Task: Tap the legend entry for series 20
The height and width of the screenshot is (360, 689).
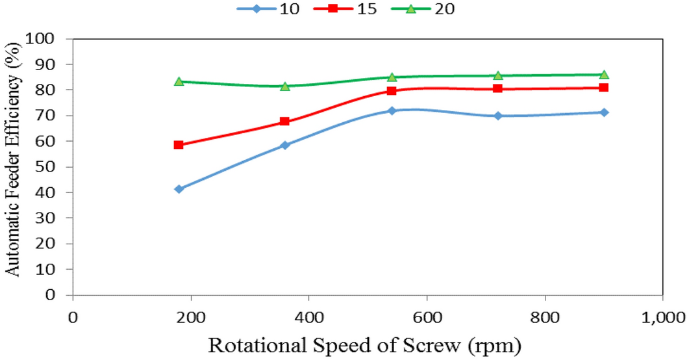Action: [429, 9]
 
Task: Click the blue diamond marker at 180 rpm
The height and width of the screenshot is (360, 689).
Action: [179, 189]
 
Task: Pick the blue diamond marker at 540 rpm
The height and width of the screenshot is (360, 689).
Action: [392, 111]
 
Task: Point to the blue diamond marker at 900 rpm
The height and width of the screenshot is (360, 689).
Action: [604, 112]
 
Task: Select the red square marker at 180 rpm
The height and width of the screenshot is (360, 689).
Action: [179, 145]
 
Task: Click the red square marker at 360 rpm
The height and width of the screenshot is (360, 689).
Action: [284, 122]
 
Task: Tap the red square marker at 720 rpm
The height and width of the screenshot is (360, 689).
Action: [497, 88]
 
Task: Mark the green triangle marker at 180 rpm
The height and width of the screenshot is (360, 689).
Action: [179, 81]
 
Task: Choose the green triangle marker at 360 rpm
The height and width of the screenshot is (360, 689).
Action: [284, 86]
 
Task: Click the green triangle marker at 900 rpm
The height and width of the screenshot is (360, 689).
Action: [604, 74]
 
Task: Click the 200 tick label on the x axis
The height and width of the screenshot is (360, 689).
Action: [190, 318]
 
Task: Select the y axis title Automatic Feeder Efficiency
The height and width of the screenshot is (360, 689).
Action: [14, 166]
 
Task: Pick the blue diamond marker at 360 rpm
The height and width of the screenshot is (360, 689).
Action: [284, 146]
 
